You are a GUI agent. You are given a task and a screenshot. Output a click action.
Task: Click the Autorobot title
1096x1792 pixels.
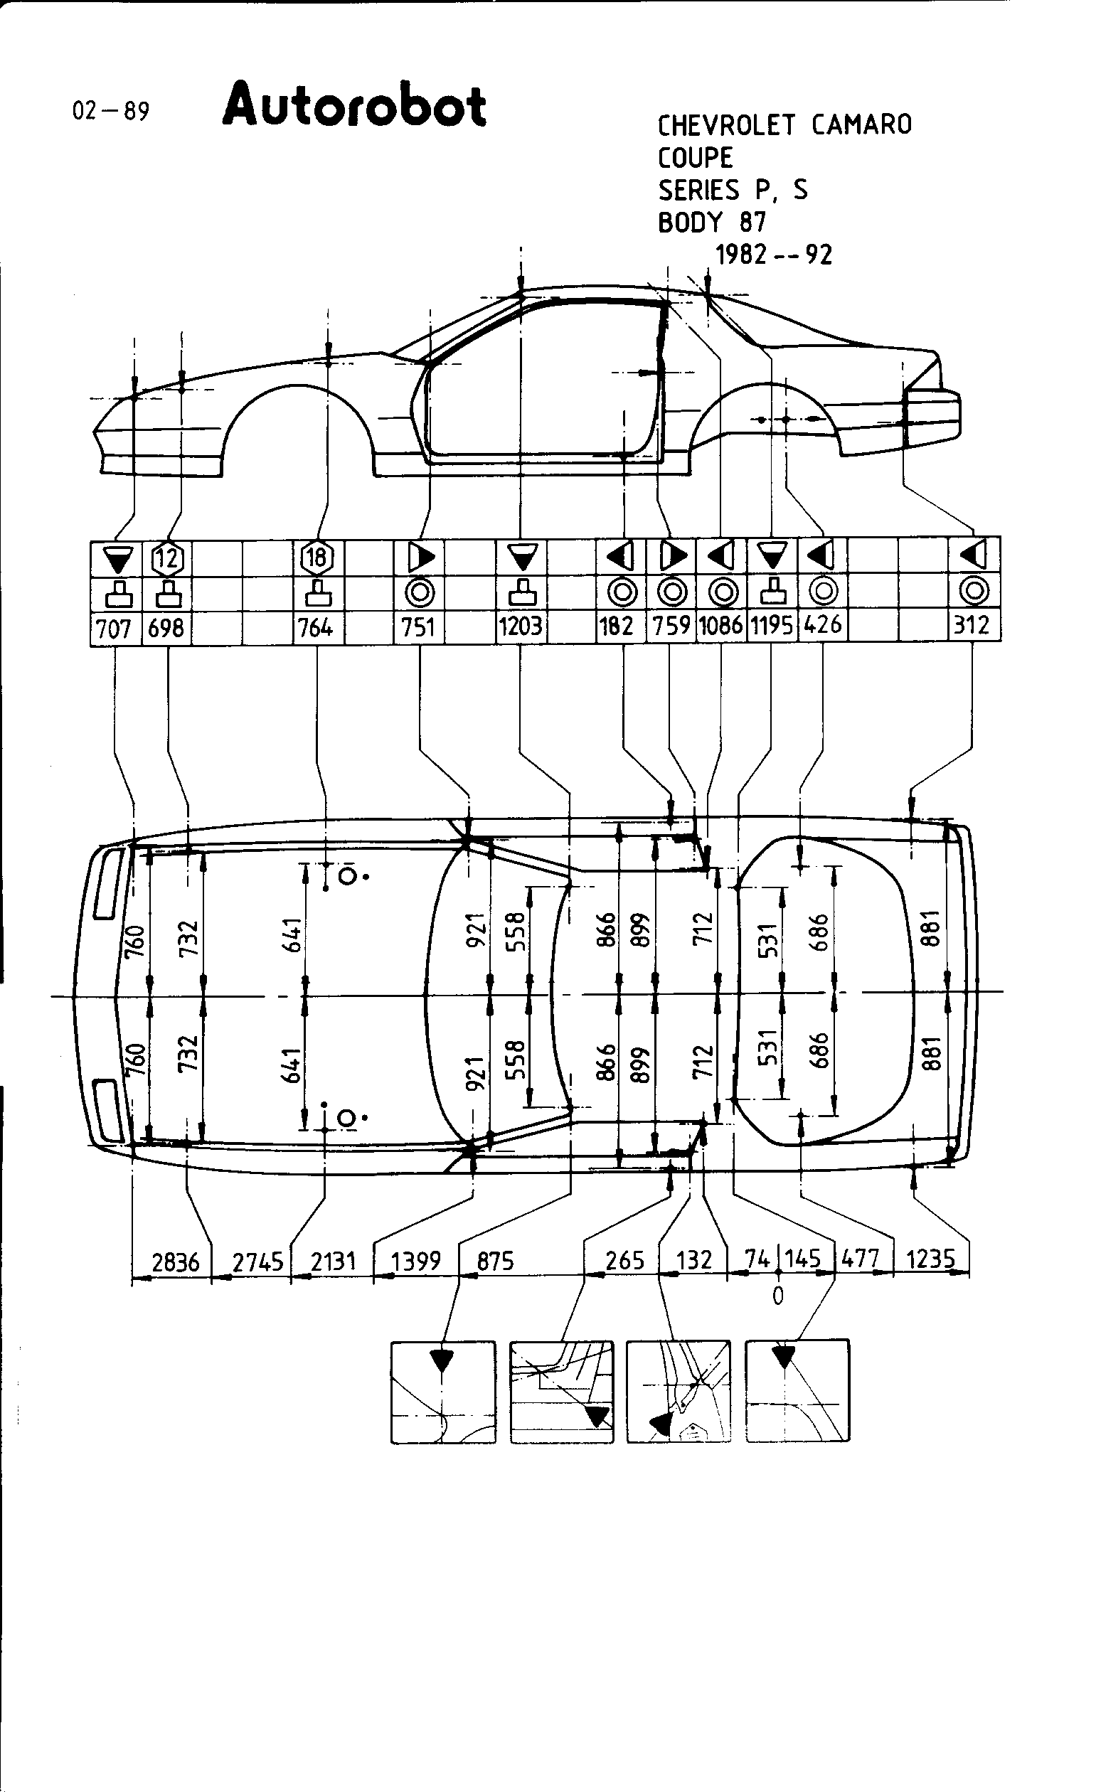pyautogui.click(x=354, y=106)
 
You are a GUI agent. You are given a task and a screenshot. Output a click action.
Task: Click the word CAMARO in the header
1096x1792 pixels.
pyautogui.click(x=861, y=125)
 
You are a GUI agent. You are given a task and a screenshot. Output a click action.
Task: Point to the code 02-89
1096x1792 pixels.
pyautogui.click(x=110, y=111)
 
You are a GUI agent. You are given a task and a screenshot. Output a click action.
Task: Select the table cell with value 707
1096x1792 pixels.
pyautogui.click(x=114, y=627)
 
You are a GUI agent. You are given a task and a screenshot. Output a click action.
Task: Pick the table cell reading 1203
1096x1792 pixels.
pyautogui.click(x=521, y=626)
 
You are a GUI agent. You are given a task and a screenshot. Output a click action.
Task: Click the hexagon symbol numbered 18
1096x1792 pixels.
pyautogui.click(x=316, y=558)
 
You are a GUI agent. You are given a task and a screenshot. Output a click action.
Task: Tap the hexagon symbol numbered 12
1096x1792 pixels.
pyautogui.click(x=167, y=558)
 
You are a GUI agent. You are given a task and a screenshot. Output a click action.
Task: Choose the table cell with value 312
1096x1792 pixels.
pyautogui.click(x=972, y=625)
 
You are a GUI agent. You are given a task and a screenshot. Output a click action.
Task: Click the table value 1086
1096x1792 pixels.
pyautogui.click(x=720, y=626)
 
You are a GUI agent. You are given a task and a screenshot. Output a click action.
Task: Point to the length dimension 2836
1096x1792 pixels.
pyautogui.click(x=175, y=1261)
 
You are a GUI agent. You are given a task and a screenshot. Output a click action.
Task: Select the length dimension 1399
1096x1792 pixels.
pyautogui.click(x=416, y=1260)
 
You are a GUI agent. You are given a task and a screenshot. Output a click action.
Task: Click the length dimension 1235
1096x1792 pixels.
pyautogui.click(x=930, y=1258)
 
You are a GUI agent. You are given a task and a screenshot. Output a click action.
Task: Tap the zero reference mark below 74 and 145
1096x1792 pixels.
pyautogui.click(x=778, y=1295)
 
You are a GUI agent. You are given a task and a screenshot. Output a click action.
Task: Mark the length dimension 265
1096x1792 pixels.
pyautogui.click(x=624, y=1259)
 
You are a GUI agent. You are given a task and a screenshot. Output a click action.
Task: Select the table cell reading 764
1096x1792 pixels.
pyautogui.click(x=316, y=627)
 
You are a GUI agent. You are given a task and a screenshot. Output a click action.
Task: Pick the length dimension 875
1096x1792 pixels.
pyautogui.click(x=495, y=1260)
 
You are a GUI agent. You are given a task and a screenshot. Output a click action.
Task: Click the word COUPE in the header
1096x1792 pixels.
pyautogui.click(x=696, y=158)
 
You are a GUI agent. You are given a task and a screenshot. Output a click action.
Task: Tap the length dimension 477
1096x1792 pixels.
pyautogui.click(x=861, y=1258)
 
